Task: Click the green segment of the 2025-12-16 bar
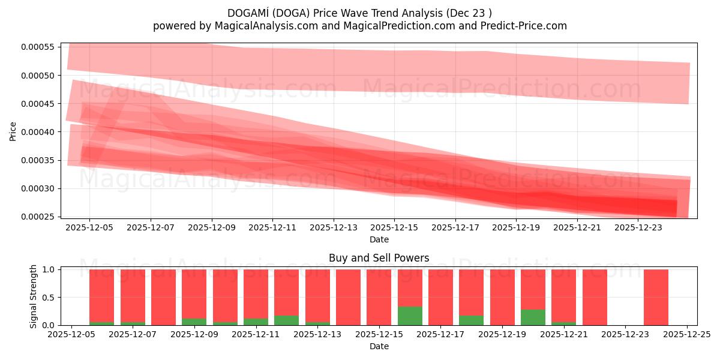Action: tap(410, 316)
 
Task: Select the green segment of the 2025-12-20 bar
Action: tap(533, 317)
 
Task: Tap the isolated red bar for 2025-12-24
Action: tap(656, 297)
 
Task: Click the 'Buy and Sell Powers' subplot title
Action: tap(379, 258)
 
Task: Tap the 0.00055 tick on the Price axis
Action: tap(37, 47)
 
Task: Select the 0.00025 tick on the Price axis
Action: tap(37, 217)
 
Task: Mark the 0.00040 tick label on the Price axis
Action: tap(37, 132)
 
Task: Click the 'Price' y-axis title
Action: tap(13, 131)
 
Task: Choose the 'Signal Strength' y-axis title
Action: tap(34, 296)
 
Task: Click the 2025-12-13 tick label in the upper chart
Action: tap(334, 228)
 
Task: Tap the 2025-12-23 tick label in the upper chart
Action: tap(638, 228)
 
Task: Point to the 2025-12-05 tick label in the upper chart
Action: tap(89, 228)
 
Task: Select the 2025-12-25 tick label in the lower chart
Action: tap(687, 335)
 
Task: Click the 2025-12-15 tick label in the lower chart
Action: tap(379, 335)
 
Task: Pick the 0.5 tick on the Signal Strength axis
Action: tap(49, 298)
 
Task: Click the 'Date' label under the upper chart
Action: tap(379, 239)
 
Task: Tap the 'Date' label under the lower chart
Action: tap(379, 346)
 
